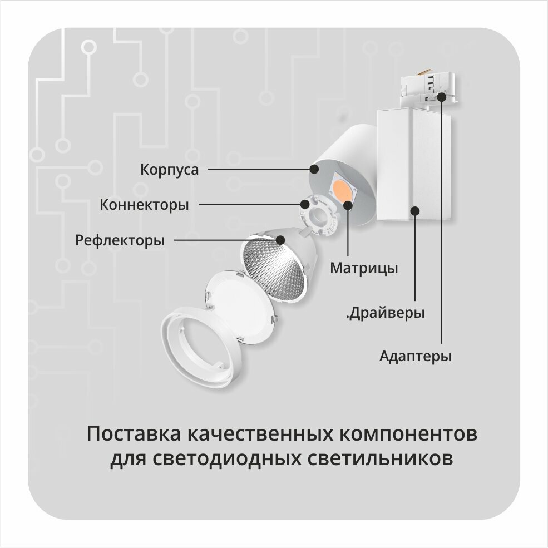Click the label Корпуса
pos(169,169)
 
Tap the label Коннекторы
pos(144,205)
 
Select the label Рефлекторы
pos(120,241)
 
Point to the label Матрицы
pos(364,268)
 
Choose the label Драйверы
pos(386,313)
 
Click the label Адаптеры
pos(415,356)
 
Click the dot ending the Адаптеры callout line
pos(442,96)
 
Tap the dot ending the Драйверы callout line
pos(414,210)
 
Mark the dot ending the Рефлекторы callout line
pos(280,240)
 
